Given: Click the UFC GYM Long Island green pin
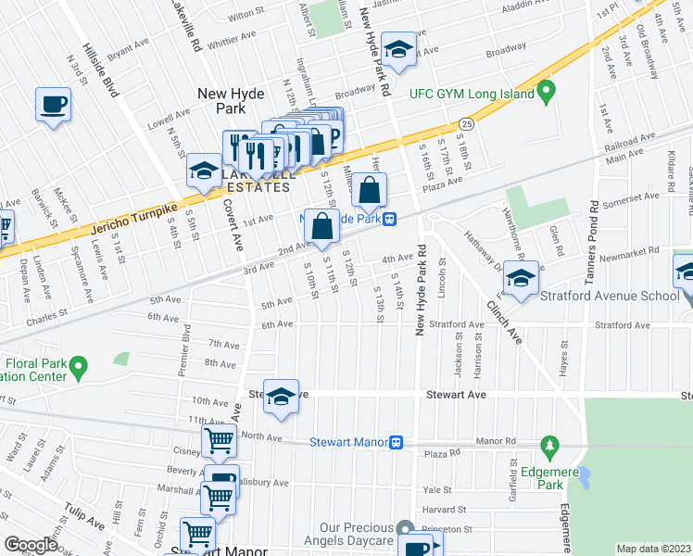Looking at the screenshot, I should (546, 92).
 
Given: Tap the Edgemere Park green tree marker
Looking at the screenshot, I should (549, 448).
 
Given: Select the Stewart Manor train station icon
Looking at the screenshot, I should (396, 443).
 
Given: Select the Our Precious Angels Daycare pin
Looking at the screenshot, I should (405, 527).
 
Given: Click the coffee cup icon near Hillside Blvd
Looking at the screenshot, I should (53, 105).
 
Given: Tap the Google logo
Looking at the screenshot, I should (31, 545).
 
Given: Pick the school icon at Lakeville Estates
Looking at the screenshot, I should (203, 171).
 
